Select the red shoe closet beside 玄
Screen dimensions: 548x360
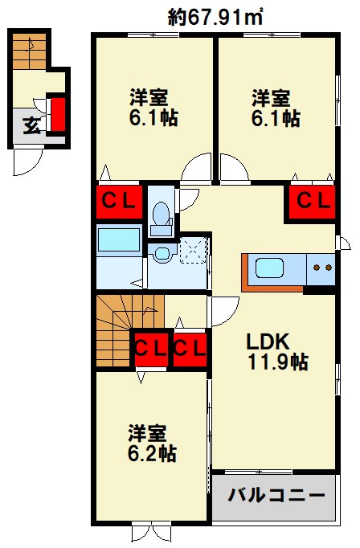click(x=57, y=114)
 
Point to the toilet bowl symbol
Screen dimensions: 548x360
click(x=161, y=215)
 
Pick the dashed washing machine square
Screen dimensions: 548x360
click(x=193, y=250)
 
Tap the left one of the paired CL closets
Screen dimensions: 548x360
click(x=150, y=348)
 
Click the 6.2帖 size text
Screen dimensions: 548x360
click(x=152, y=453)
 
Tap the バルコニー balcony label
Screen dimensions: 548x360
click(x=274, y=493)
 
